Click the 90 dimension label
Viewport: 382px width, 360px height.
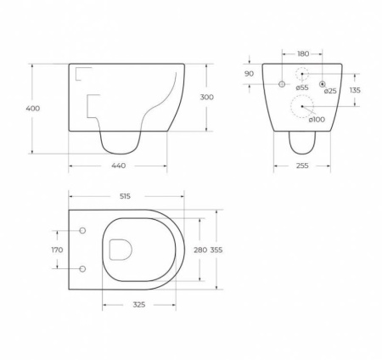click(x=249, y=73)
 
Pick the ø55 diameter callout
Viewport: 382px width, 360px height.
click(x=302, y=87)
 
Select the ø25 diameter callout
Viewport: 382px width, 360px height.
click(x=330, y=90)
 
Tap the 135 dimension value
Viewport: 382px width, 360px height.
click(x=355, y=90)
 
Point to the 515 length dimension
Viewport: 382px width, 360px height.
click(x=126, y=196)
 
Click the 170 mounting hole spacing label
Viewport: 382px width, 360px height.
click(x=57, y=250)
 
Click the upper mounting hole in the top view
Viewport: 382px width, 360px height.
click(x=82, y=230)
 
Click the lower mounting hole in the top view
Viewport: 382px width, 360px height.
click(x=82, y=268)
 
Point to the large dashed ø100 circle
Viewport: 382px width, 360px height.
click(x=303, y=107)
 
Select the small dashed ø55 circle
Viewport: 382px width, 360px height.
click(x=302, y=74)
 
